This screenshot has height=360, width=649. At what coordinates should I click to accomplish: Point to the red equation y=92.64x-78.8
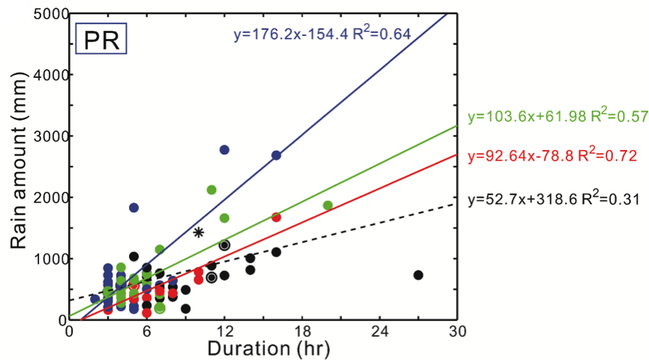point(551,157)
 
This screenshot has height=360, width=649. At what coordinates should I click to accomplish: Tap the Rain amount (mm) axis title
point(17,166)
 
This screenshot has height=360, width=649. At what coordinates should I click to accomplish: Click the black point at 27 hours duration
point(419,275)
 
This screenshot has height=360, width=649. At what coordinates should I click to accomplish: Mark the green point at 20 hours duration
point(328,205)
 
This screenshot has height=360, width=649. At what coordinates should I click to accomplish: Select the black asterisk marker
point(199,232)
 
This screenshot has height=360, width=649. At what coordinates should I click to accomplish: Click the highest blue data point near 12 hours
point(224,150)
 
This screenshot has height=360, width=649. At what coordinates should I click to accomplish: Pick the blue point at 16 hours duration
point(276,155)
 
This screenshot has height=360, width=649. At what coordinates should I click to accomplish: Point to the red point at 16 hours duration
point(276,217)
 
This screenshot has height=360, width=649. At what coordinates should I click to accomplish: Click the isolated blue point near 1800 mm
point(134,208)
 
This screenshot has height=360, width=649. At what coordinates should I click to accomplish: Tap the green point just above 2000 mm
point(212,190)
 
